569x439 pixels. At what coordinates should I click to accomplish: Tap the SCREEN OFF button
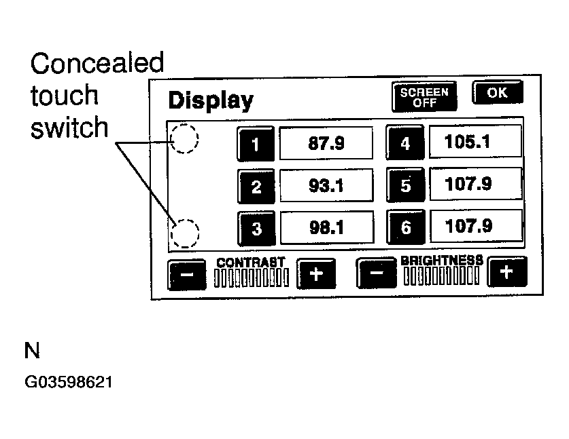424,97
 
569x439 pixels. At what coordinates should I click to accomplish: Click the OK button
498,93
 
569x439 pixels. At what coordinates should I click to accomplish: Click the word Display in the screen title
210,100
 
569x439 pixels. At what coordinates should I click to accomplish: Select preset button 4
405,144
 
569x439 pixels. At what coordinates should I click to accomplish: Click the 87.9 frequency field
327,143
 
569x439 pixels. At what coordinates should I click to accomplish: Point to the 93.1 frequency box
327,185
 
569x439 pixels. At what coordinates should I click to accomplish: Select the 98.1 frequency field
327,227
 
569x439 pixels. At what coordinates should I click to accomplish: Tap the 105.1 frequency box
475,142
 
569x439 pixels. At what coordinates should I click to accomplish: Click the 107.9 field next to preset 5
475,184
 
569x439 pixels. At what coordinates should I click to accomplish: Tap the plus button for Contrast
316,274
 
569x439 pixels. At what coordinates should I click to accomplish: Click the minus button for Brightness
376,275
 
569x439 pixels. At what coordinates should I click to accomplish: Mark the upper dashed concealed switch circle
184,140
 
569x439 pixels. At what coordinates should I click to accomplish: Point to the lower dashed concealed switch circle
184,233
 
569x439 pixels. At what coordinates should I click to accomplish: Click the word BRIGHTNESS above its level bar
442,260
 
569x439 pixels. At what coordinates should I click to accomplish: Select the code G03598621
69,382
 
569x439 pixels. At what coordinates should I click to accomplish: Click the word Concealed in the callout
97,64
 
